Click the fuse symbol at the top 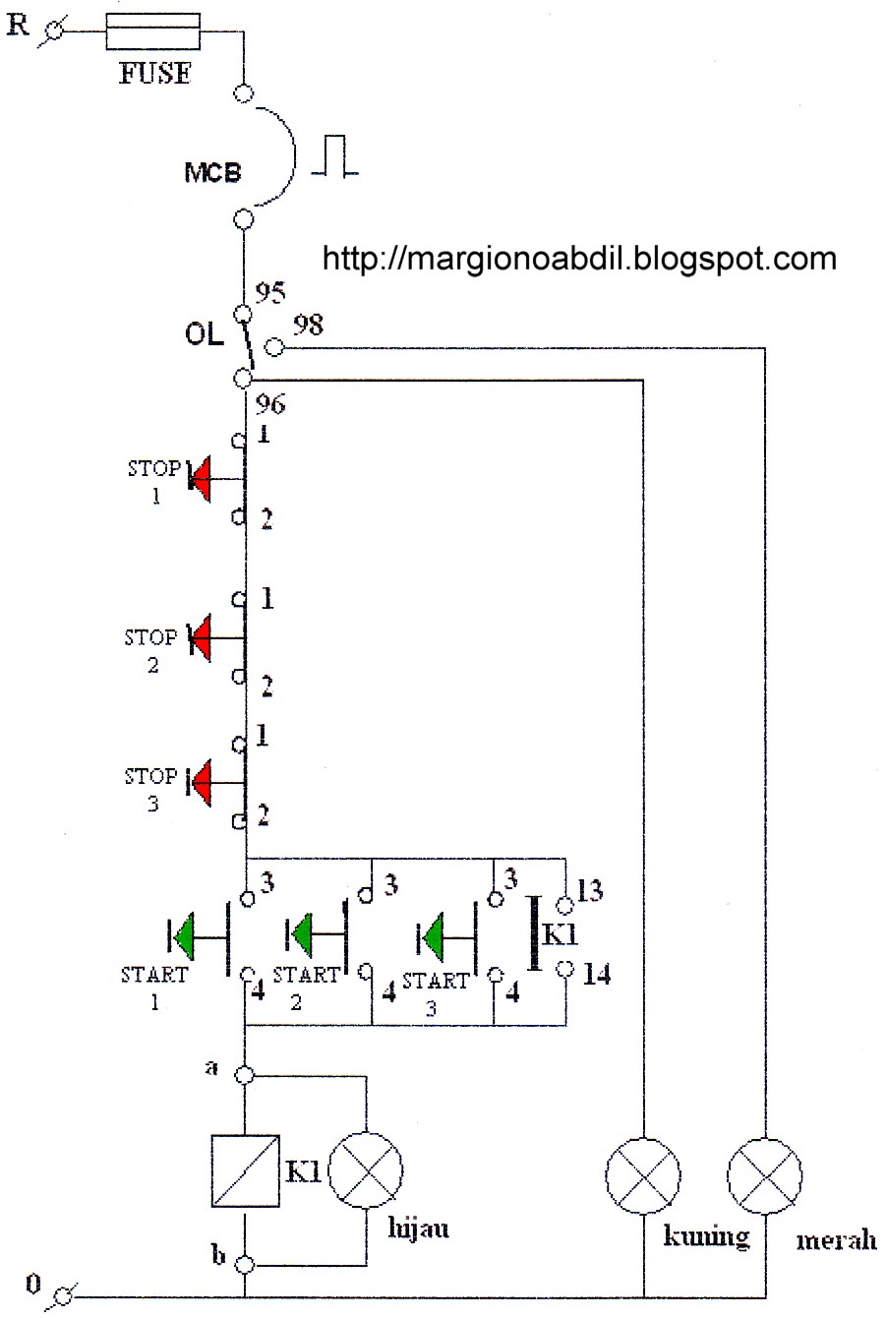pos(152,32)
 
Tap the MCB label pos(212,173)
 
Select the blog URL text pos(580,259)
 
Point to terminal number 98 pos(308,326)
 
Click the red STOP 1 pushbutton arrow pos(202,479)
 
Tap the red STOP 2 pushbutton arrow pos(202,637)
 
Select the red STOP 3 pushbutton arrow pos(202,783)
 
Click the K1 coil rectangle pos(244,1170)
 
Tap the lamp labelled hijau pos(366,1170)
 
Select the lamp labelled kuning pos(643,1176)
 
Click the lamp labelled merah pos(765,1176)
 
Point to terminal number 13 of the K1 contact pos(591,891)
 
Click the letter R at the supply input pos(19,24)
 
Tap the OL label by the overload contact pos(204,334)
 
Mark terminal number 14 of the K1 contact pos(596,975)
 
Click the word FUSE pos(155,73)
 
